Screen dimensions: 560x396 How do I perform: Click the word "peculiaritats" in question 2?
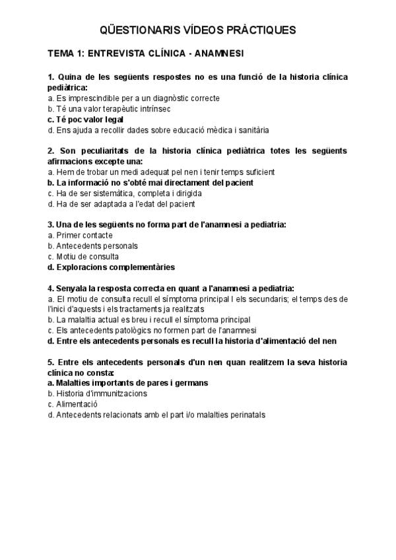pos(105,151)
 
